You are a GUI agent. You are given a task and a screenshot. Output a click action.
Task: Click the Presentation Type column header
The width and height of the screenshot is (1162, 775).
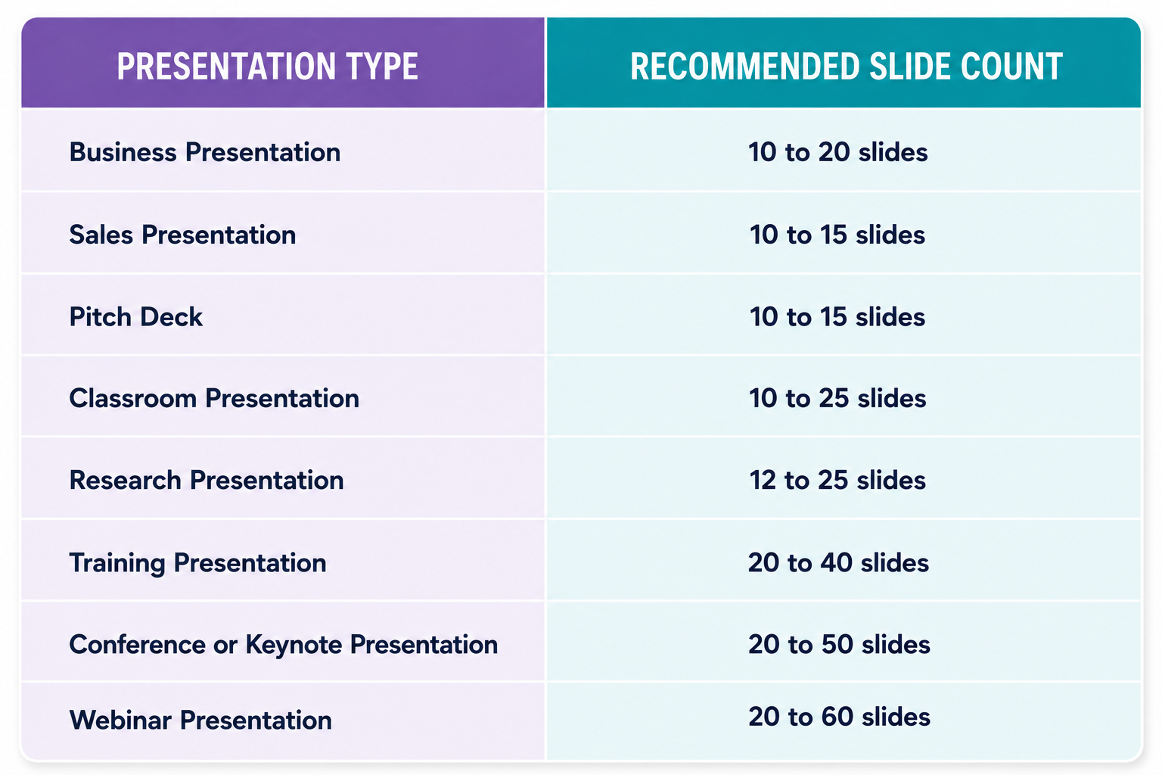point(267,67)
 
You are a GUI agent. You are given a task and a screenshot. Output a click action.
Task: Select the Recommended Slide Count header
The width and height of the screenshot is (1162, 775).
point(846,67)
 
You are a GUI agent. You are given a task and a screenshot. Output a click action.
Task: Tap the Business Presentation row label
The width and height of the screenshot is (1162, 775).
point(205,152)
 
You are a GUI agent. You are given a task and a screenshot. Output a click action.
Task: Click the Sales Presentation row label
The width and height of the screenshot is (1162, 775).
point(182,235)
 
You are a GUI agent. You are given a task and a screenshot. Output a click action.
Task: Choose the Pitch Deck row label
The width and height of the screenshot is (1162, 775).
point(136,316)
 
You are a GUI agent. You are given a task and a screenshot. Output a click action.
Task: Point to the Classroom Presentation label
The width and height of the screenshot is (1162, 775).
point(214,398)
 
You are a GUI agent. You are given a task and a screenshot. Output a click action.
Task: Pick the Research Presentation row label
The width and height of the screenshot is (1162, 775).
point(207,480)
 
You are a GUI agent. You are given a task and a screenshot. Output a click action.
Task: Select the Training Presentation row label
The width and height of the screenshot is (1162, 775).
point(198,563)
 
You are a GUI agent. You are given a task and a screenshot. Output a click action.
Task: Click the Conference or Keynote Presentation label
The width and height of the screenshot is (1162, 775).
point(284,645)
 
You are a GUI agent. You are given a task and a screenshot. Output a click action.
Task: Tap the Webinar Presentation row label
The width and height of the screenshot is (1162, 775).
point(200,720)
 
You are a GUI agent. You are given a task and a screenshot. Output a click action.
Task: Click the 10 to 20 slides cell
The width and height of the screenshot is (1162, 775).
point(837,152)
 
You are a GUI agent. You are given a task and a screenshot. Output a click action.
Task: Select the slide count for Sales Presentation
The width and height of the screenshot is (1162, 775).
point(837,235)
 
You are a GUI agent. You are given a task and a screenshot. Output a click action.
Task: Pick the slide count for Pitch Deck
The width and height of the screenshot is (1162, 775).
point(837,316)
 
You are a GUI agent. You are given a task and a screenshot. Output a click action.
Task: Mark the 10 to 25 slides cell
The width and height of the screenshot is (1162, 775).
point(837,398)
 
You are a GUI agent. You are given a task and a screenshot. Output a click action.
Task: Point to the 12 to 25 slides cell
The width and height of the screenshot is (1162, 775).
point(837,480)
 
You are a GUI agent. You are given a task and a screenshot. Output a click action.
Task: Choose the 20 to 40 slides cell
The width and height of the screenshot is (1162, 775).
point(838,562)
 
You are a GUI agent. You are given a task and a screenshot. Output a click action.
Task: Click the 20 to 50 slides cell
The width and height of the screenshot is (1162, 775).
point(839,644)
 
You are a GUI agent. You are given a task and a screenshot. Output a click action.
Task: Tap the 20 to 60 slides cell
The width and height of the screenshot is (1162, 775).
point(839,717)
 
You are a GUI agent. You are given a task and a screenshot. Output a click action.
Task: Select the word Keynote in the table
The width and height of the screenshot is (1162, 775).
point(294,646)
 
